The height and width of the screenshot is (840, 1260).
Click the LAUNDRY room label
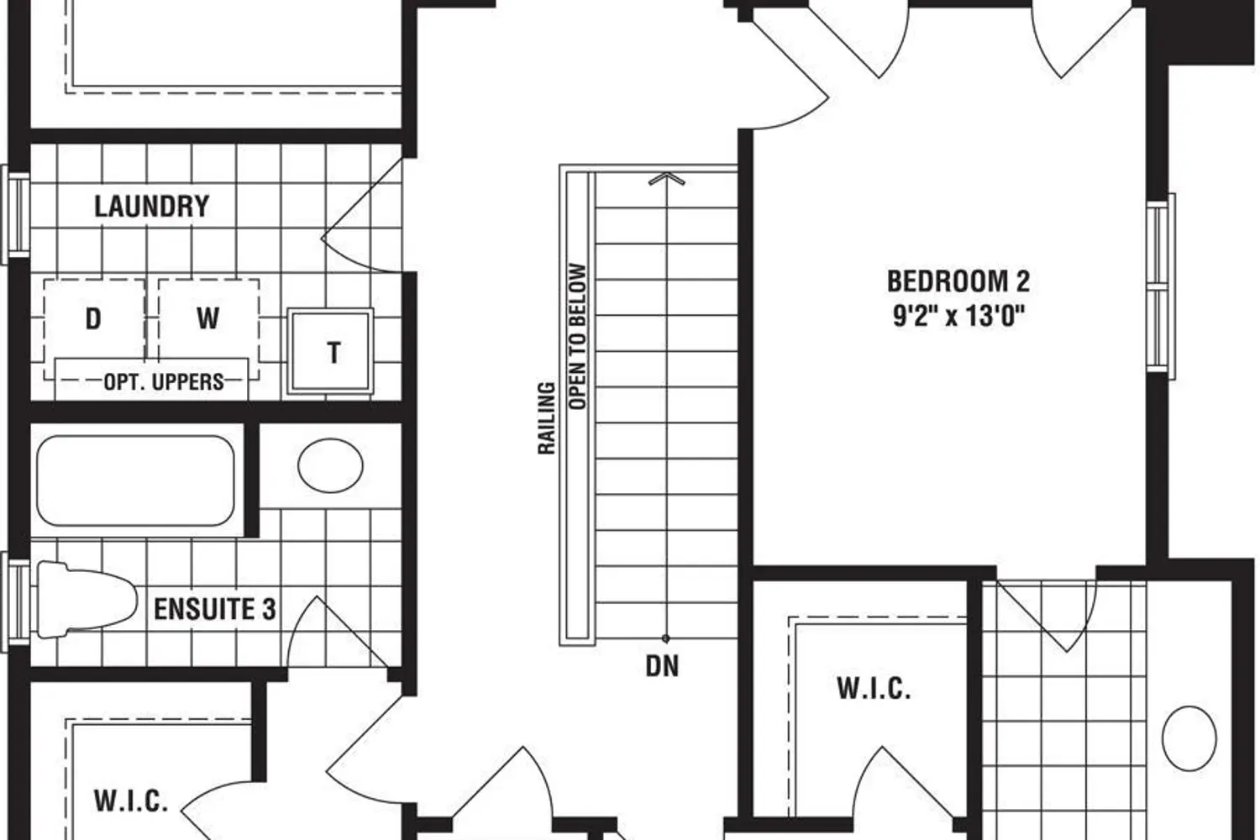pos(152,207)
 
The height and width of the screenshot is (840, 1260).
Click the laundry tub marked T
pos(330,351)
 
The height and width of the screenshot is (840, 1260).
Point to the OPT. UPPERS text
pos(164,382)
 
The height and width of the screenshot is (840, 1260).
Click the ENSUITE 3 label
pos(215,609)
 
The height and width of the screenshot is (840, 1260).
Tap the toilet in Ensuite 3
pos(87,600)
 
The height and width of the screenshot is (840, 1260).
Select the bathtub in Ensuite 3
pos(135,480)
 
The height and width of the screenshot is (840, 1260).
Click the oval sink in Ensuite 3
pos(330,466)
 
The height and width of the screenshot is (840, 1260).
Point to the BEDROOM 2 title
pos(958,281)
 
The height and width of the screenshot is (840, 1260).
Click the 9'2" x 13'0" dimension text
pos(958,316)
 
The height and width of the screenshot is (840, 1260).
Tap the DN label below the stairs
pos(662,666)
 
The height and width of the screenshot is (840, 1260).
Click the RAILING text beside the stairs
pos(546,418)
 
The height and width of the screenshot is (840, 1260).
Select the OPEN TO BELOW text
pos(578,337)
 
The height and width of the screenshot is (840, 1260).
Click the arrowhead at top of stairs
pos(667,179)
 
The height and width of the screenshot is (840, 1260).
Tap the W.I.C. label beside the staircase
pos(874,688)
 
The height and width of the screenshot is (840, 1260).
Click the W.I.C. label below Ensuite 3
pos(130,801)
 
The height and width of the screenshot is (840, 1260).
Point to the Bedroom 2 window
pos(1160,286)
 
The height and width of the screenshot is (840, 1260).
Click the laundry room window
pos(15,214)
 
